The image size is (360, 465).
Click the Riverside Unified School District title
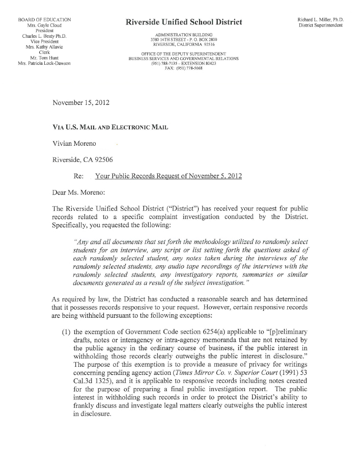coord(184,22)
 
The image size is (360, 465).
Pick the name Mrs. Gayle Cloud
coord(44,25)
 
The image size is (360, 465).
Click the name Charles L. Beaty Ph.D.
coord(45,36)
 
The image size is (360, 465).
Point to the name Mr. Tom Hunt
coord(44,58)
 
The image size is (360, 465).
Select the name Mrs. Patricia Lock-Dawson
coord(44,64)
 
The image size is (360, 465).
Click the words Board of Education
coord(44,19)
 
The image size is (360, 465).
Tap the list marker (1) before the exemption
coord(66,331)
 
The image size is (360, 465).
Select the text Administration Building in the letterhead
coord(184,34)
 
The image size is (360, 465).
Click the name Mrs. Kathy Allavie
coord(44,47)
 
